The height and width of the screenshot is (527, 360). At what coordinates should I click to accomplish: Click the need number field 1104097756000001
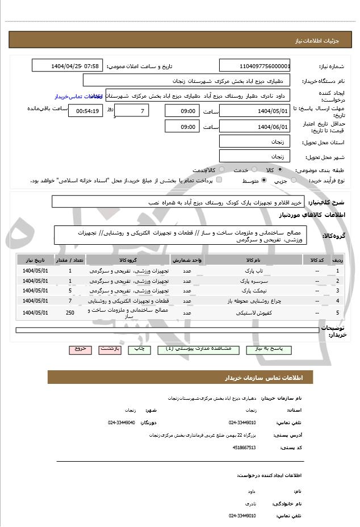[x=254, y=66]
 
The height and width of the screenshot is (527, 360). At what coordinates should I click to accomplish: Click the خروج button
[x=79, y=349]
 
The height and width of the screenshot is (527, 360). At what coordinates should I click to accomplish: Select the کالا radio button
[x=280, y=170]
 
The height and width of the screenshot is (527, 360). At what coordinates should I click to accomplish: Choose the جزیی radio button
[x=294, y=181]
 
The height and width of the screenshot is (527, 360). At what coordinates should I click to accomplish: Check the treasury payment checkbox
[x=219, y=181]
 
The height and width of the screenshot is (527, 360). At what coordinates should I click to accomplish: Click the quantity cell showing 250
[x=70, y=313]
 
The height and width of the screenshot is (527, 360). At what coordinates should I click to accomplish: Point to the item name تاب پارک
[x=242, y=271]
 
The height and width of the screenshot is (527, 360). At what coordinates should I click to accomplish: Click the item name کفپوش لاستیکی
[x=242, y=313]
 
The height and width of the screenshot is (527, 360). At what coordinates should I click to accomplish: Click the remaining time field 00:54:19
[x=85, y=111]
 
